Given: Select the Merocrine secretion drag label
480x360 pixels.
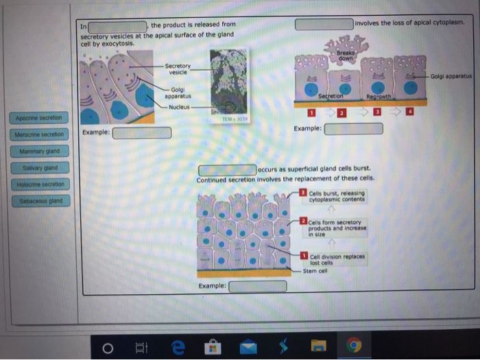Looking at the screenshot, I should (x=38, y=134).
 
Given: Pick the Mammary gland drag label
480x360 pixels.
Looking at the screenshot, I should (x=40, y=151).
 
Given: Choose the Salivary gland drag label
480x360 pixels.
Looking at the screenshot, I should (x=40, y=167).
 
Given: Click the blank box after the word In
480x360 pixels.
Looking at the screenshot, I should (x=117, y=27).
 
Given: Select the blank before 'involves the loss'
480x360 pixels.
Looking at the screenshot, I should (x=324, y=23).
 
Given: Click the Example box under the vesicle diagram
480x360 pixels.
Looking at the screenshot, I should (x=142, y=132).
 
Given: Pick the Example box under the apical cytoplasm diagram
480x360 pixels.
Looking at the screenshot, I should (x=353, y=128).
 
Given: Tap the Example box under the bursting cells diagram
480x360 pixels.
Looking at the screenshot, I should (x=257, y=286).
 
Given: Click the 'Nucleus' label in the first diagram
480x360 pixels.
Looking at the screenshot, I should (x=179, y=107).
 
